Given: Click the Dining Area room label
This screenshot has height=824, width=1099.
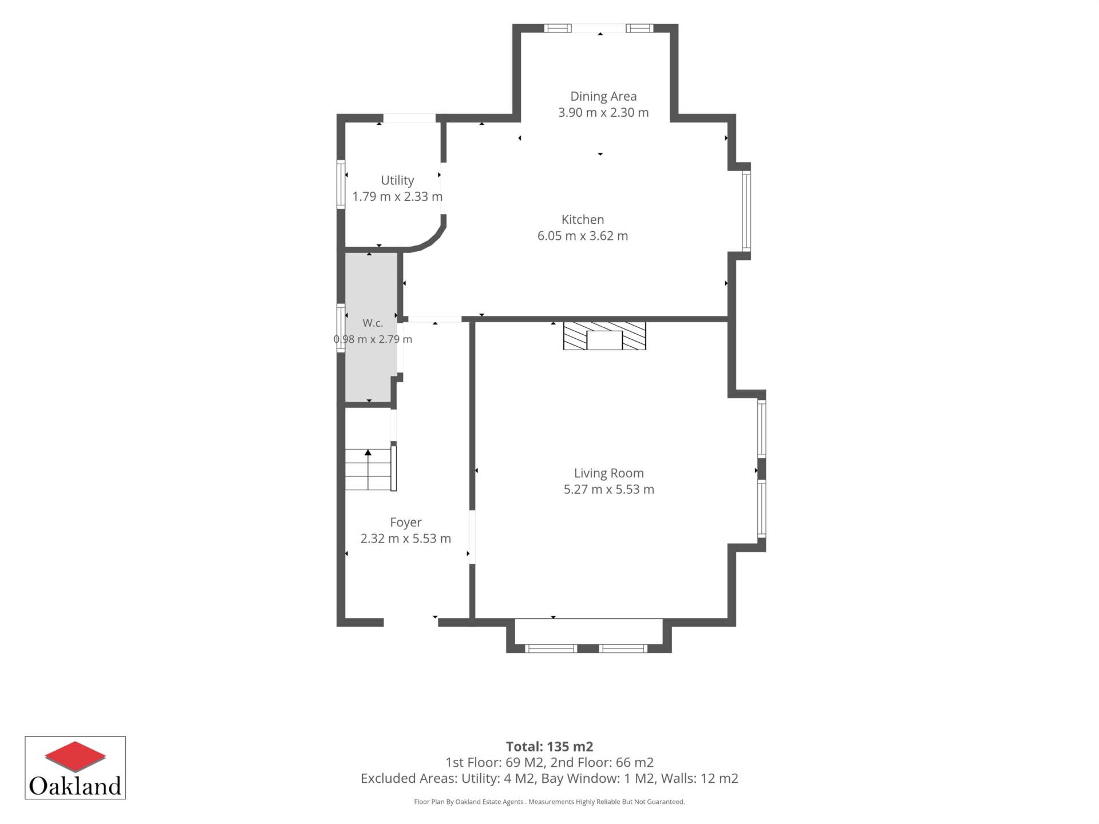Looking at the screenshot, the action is pos(603,96).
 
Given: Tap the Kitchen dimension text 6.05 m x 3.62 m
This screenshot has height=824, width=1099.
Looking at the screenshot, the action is pos(583,236).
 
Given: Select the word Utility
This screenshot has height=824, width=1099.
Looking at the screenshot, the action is pos(397,180).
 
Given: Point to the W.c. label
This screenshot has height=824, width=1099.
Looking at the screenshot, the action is pos(373,323).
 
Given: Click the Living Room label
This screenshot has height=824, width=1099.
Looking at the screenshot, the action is pos(609,473).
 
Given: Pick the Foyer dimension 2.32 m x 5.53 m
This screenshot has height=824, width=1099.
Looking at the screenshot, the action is pos(406,538).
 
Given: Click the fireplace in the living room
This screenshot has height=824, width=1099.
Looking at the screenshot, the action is pos(604,336).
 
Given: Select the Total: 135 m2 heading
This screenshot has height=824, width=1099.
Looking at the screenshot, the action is pos(549,747).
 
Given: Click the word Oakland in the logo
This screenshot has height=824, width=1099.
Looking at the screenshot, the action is pos(75,785).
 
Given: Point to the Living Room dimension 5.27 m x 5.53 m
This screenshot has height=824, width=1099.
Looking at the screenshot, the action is pos(609,489).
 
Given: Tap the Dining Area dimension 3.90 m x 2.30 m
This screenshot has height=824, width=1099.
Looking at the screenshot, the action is pos(603,112).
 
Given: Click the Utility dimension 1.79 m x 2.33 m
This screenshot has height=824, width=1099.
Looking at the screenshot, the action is pos(397,196).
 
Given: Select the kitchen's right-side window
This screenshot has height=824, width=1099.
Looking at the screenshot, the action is pos(746,211).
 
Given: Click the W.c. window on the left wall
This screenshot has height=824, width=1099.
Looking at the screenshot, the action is pos(341,329).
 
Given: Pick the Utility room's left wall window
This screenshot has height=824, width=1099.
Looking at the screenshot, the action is pos(341,184).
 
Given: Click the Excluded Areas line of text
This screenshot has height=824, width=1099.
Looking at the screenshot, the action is pos(549,778).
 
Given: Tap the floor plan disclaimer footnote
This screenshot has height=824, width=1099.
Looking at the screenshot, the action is pos(549,802).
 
